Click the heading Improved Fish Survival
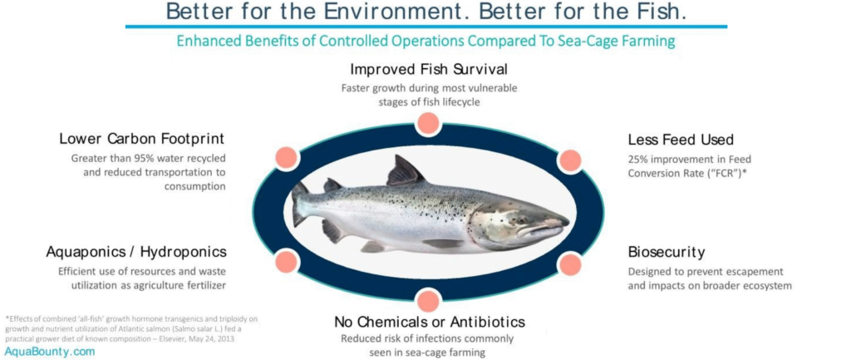[x=429, y=70]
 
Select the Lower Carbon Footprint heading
[x=141, y=139]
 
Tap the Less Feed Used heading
[x=681, y=140]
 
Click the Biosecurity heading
[x=667, y=253]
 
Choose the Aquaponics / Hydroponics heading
[x=136, y=253]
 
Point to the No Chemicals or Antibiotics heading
[x=430, y=322]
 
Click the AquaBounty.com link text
[x=50, y=352]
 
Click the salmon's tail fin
[x=300, y=204]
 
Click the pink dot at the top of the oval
[x=428, y=123]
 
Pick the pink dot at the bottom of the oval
[x=428, y=301]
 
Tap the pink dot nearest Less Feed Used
[x=570, y=160]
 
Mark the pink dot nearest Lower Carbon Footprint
[x=287, y=157]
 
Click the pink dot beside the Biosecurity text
[x=569, y=264]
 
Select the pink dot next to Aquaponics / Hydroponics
[x=287, y=262]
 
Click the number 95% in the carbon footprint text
[x=140, y=159]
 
